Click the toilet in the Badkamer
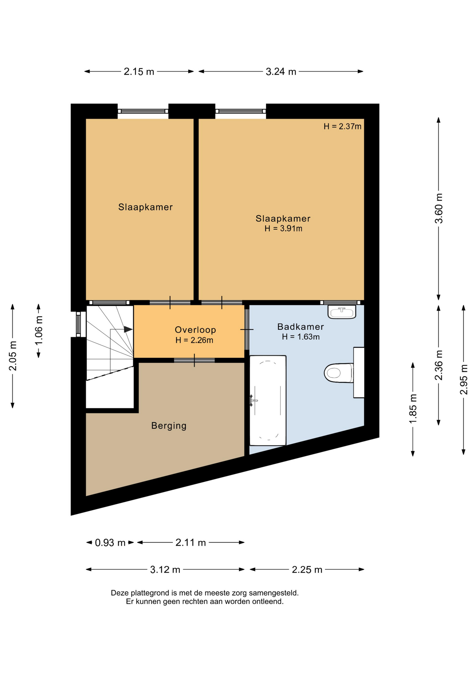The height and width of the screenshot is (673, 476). click(339, 373)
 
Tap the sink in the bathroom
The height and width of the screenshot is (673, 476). click(342, 312)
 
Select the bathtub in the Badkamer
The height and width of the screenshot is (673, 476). click(268, 401)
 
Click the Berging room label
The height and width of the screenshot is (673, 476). click(169, 426)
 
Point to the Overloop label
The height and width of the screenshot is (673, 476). click(195, 330)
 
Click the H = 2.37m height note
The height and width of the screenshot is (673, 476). click(342, 127)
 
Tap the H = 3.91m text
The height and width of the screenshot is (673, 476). click(283, 229)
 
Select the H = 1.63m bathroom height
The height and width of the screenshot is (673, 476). click(301, 337)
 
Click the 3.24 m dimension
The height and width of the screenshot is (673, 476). click(281, 72)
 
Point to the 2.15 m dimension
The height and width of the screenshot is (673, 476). click(139, 72)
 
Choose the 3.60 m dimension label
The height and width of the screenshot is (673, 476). click(439, 208)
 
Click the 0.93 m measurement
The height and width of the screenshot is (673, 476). click(110, 543)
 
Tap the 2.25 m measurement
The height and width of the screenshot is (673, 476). click(307, 570)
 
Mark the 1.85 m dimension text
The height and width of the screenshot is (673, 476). click(413, 408)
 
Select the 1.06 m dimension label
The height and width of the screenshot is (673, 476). click(39, 330)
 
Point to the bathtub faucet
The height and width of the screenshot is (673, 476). click(253, 400)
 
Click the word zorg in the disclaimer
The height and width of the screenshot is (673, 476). click(239, 593)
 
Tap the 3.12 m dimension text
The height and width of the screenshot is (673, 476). click(165, 570)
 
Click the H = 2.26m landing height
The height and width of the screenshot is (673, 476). click(195, 340)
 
